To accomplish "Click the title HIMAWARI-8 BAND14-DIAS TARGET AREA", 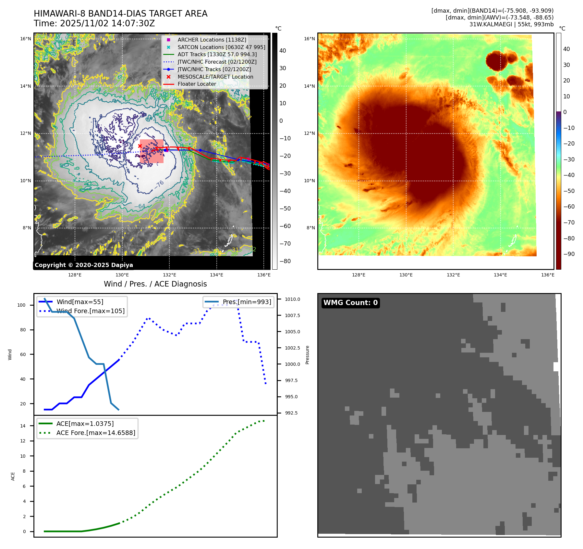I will [120, 14].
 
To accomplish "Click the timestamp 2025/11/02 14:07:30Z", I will [107, 24].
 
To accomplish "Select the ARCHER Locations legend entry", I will [212, 40].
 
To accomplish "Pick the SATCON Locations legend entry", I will [221, 47].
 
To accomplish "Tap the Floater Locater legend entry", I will [197, 84].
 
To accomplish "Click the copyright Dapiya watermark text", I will [84, 265].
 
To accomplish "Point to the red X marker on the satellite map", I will [140, 146].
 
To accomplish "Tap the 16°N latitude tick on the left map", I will [26, 39].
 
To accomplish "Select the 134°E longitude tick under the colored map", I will [500, 275].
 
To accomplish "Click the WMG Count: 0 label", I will [350, 303].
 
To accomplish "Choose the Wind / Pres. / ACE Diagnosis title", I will [155, 284].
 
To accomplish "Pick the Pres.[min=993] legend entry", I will [247, 302].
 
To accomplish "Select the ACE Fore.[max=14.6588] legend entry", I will [96, 433].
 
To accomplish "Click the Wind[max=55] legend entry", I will [80, 302].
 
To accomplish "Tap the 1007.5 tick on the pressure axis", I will [292, 315].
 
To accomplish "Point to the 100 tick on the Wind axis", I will [21, 305].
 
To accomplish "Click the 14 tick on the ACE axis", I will [23, 426].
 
